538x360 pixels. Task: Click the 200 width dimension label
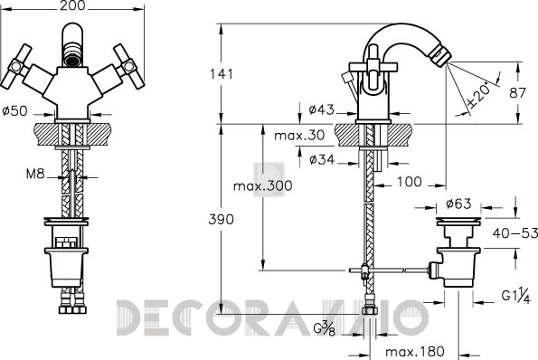72,5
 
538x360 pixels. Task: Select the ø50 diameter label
14,111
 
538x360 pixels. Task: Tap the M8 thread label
35,174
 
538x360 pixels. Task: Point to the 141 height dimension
222,74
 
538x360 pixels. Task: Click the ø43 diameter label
321,109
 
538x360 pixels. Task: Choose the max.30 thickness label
299,136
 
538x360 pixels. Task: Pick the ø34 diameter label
322,159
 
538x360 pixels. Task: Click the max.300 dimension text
263,186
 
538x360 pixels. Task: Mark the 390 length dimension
221,220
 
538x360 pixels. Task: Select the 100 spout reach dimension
410,182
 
